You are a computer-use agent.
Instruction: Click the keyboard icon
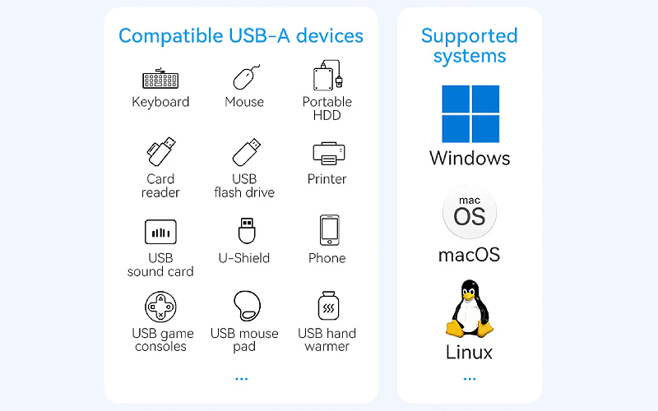pyautogui.click(x=160, y=79)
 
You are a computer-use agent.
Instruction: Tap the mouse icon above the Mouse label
pyautogui.click(x=245, y=77)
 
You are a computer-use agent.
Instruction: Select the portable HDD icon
pyautogui.click(x=327, y=76)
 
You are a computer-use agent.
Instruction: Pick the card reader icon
pyautogui.click(x=160, y=152)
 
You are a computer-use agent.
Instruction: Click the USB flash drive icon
pyautogui.click(x=246, y=153)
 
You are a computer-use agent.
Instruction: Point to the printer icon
pyautogui.click(x=327, y=154)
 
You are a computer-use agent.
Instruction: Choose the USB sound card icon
pyautogui.click(x=160, y=232)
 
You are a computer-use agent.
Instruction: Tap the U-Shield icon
pyautogui.click(x=245, y=230)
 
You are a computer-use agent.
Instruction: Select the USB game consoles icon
pyautogui.click(x=160, y=307)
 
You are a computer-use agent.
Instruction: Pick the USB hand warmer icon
pyautogui.click(x=327, y=307)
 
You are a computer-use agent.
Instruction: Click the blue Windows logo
pyautogui.click(x=470, y=113)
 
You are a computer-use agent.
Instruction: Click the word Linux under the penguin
pyautogui.click(x=469, y=353)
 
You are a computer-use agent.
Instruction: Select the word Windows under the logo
pyautogui.click(x=470, y=158)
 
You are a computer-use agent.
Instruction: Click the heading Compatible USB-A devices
pyautogui.click(x=241, y=36)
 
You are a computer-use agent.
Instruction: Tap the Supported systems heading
pyautogui.click(x=470, y=46)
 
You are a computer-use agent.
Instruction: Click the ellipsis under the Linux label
pyautogui.click(x=470, y=379)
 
